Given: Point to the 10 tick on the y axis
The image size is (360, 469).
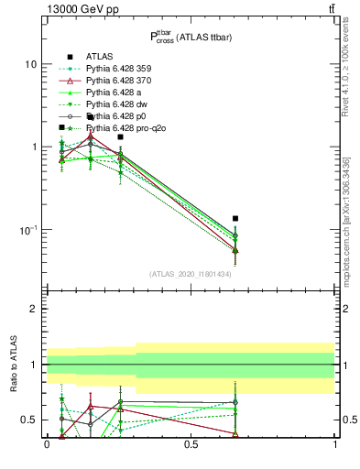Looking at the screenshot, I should tap(32, 65).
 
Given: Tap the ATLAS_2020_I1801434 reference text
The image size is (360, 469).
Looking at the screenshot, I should tap(191, 274).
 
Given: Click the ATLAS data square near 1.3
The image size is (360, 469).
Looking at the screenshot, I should tap(120, 136).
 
